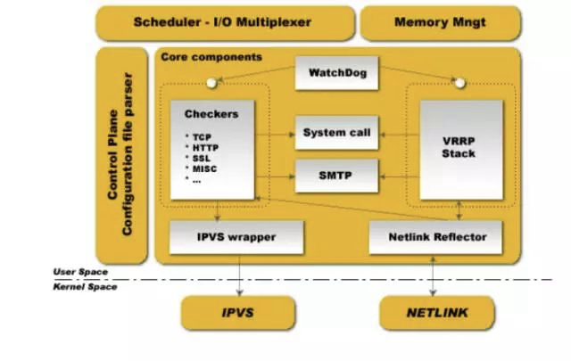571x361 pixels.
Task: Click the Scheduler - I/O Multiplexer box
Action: click(x=223, y=21)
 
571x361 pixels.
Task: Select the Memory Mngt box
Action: click(x=439, y=21)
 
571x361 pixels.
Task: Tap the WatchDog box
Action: click(x=337, y=72)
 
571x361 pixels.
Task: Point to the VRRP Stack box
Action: click(x=459, y=147)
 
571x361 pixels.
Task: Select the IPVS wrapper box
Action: click(x=236, y=237)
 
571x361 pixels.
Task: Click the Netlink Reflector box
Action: click(x=435, y=237)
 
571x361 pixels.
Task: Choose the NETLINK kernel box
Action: click(x=437, y=313)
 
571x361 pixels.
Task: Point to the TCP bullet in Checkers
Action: click(x=202, y=136)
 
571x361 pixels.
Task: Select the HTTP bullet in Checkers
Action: click(x=204, y=147)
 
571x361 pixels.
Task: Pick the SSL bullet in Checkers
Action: click(x=202, y=158)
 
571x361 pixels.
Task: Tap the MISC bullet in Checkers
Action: click(x=204, y=168)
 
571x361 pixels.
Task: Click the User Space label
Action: click(x=79, y=272)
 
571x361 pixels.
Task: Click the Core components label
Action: click(x=211, y=57)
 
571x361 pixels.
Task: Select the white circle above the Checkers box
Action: click(x=211, y=83)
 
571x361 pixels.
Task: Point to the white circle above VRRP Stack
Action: click(x=459, y=83)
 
